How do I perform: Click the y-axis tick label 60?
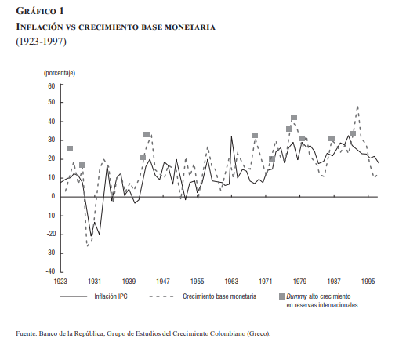point(51,86)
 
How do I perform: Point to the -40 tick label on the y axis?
point(50,271)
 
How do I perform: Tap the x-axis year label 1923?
point(60,282)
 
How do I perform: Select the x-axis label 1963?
point(231,282)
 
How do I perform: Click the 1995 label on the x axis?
point(368,282)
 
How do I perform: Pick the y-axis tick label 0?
point(53,196)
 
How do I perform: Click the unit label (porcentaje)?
point(60,73)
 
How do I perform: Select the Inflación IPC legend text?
point(111,296)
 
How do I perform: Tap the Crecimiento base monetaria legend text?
point(219,296)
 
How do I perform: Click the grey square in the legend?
point(282,296)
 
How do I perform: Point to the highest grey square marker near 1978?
point(294,118)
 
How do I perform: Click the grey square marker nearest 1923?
point(70,148)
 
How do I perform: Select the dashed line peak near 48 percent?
point(358,107)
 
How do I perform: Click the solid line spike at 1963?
point(231,136)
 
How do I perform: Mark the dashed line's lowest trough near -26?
point(87,246)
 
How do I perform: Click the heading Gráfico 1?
point(40,11)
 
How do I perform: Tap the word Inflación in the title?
point(39,27)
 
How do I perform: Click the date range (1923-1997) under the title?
point(42,42)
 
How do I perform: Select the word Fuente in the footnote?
point(26,333)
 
